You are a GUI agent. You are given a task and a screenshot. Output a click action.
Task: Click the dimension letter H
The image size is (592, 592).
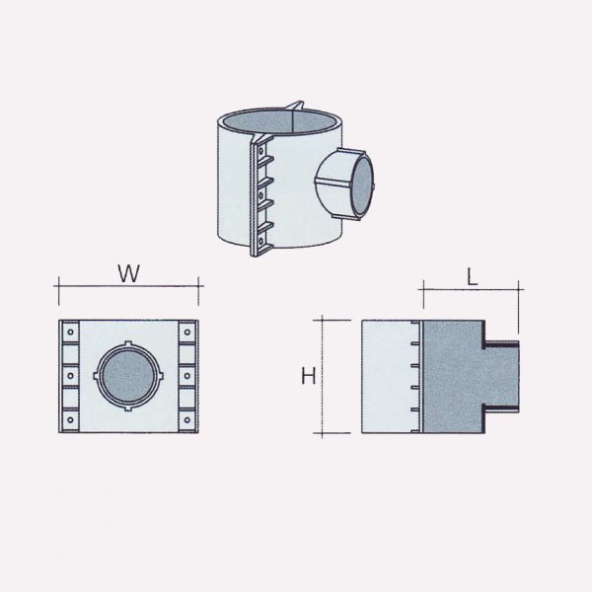pyautogui.click(x=308, y=376)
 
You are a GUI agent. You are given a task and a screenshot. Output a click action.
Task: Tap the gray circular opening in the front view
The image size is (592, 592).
pyautogui.click(x=127, y=376)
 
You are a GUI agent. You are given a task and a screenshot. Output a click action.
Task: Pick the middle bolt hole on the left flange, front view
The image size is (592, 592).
pyautogui.click(x=72, y=375)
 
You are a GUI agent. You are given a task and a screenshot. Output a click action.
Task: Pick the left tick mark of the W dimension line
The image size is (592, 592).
pyautogui.click(x=58, y=285)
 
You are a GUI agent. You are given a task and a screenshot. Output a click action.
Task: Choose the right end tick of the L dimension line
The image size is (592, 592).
pyautogui.click(x=519, y=287)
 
